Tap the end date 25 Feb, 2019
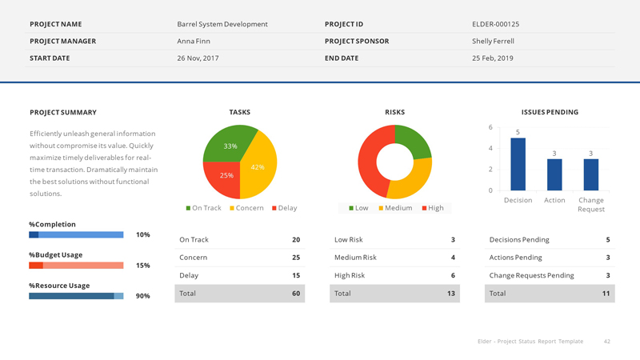coord(493,58)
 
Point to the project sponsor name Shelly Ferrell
coord(493,41)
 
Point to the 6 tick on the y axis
coord(490,128)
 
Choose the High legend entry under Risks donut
coord(431,208)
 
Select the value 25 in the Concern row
coord(296,258)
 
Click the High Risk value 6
coord(453,275)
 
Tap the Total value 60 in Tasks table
coord(296,294)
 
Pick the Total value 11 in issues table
coord(606,294)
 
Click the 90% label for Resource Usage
coord(143,296)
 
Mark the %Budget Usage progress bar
coord(76,265)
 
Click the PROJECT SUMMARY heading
coord(62,113)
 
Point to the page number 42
coord(607,342)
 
